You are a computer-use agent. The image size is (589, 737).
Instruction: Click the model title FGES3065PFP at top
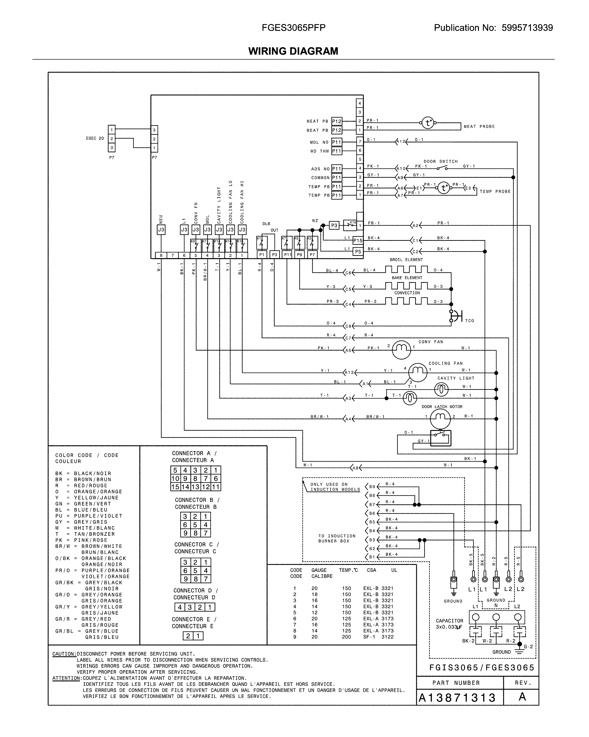pyautogui.click(x=293, y=28)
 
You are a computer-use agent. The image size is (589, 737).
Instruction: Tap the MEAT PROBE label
pyautogui.click(x=479, y=127)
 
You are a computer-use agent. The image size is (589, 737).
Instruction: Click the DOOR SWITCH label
pyautogui.click(x=440, y=161)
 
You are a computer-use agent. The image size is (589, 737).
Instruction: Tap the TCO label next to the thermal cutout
pyautogui.click(x=469, y=321)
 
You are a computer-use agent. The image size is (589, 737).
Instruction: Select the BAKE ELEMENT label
pyautogui.click(x=407, y=278)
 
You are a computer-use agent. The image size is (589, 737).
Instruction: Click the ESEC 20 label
pyautogui.click(x=95, y=138)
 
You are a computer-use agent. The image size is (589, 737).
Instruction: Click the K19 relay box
pyautogui.click(x=349, y=225)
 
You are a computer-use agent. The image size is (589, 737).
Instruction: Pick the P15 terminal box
pyautogui.click(x=358, y=240)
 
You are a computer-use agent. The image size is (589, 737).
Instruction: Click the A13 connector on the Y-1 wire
pyautogui.click(x=349, y=373)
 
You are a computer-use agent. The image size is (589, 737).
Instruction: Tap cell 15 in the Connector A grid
pyautogui.click(x=175, y=487)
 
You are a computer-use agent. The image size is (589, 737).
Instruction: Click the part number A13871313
pyautogui.click(x=457, y=697)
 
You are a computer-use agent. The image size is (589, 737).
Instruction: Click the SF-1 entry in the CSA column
pyautogui.click(x=369, y=637)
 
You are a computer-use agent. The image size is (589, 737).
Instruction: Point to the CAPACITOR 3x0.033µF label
pyautogui.click(x=450, y=624)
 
